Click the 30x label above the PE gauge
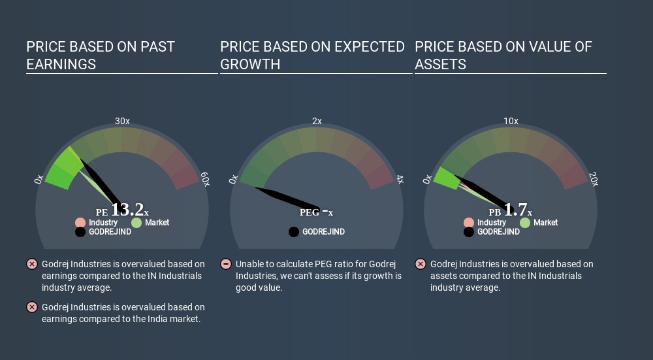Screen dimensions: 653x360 pos(122,122)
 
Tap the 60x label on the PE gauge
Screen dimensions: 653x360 pos(205,179)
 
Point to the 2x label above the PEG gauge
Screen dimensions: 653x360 pos(317,122)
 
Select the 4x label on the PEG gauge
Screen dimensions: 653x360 pos(400,180)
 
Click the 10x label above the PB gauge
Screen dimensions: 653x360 pos(511,122)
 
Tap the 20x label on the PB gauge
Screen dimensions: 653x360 pos(594,179)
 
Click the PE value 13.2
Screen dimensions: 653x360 pos(127,210)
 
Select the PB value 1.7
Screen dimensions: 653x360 pos(516,210)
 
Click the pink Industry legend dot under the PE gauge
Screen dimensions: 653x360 pos(80,223)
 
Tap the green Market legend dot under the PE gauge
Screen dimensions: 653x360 pos(136,223)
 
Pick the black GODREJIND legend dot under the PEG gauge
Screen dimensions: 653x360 pos(294,232)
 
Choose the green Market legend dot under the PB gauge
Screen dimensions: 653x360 pos(525,223)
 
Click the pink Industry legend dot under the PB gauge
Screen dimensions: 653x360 pos(469,223)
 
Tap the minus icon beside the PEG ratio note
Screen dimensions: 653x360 pos(226,264)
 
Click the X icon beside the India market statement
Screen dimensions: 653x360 pos(31,307)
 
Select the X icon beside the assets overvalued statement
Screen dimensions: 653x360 pos(420,264)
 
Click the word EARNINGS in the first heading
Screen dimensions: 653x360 pos(61,65)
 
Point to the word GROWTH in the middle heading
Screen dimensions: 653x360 pos(250,65)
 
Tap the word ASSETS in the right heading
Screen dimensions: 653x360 pos(440,65)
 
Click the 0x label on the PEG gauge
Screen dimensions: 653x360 pos(233,179)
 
